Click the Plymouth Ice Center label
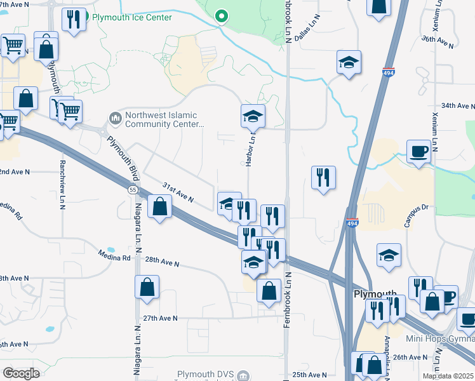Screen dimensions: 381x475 click(x=132, y=17)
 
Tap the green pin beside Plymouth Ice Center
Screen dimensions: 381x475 click(x=221, y=15)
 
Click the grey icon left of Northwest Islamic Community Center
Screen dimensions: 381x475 click(x=115, y=117)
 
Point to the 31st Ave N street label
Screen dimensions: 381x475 click(x=177, y=192)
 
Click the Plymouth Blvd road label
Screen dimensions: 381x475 click(x=123, y=152)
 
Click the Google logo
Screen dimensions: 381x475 click(x=21, y=373)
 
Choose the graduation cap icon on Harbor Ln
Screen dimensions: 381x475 click(x=253, y=116)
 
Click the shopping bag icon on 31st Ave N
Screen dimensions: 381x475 click(x=159, y=206)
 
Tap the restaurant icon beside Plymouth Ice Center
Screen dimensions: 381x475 click(x=74, y=19)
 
